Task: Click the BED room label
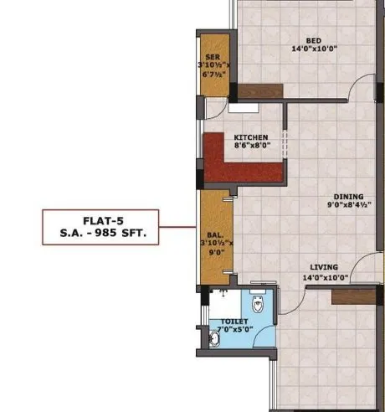(x=313, y=40)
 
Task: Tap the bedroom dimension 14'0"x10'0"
(x=313, y=49)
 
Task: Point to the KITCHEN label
(x=251, y=136)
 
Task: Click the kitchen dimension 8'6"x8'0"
(x=251, y=145)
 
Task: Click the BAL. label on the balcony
(x=213, y=234)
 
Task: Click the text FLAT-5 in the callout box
(x=103, y=223)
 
